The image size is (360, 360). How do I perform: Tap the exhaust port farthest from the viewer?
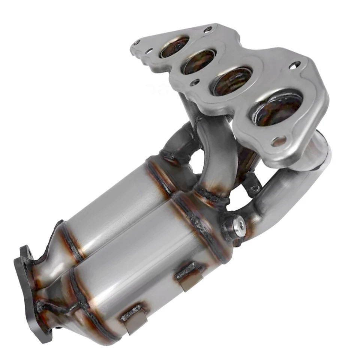(174, 48)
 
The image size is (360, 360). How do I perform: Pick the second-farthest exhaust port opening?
(199, 61)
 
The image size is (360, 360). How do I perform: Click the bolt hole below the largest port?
(278, 141)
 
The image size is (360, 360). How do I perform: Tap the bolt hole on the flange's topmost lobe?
(208, 29)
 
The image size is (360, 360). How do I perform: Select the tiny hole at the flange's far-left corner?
(137, 42)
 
